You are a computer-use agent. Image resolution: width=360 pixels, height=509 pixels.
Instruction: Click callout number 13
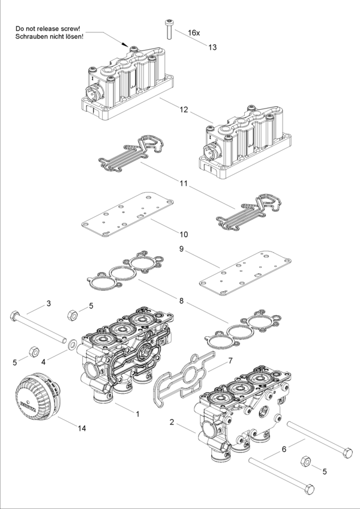[212, 47]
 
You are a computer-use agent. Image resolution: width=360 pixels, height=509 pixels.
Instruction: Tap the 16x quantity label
[194, 33]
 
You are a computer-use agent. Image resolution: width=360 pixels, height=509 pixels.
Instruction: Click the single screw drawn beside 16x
[169, 29]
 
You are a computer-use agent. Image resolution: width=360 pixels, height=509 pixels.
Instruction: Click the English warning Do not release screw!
[48, 29]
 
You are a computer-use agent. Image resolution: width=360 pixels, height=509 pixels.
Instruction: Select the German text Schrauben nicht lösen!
[49, 37]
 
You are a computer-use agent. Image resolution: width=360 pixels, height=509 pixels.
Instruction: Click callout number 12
[184, 110]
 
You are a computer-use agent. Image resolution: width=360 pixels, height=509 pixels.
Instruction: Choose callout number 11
[184, 184]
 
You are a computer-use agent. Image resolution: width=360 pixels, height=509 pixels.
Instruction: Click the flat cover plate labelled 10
[127, 214]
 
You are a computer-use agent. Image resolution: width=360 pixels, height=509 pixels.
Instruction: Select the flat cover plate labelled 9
[245, 273]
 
